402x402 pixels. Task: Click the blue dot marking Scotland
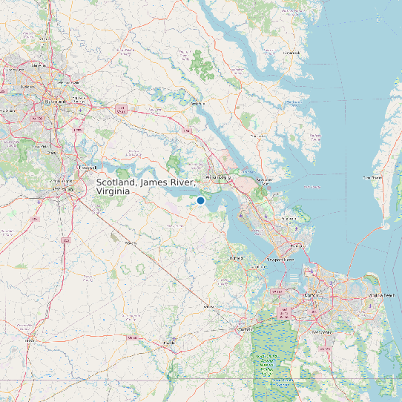point(200,200)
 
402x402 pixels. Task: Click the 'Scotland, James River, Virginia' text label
point(146,186)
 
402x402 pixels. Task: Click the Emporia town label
point(30,341)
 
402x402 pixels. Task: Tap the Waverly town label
point(131,243)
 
